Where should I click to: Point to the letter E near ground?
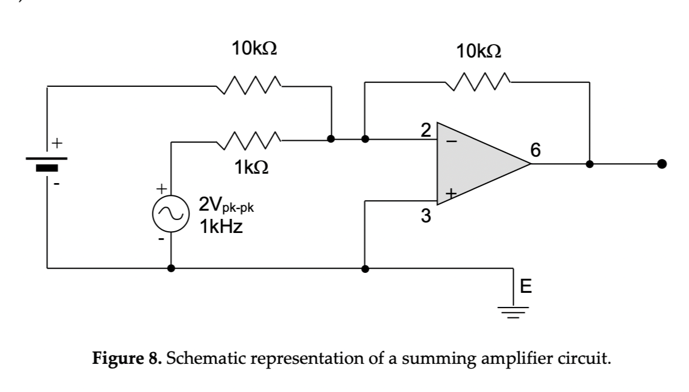526,287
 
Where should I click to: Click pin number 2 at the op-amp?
426,130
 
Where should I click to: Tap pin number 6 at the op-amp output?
534,150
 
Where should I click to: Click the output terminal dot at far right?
661,164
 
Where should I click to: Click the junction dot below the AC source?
171,268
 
